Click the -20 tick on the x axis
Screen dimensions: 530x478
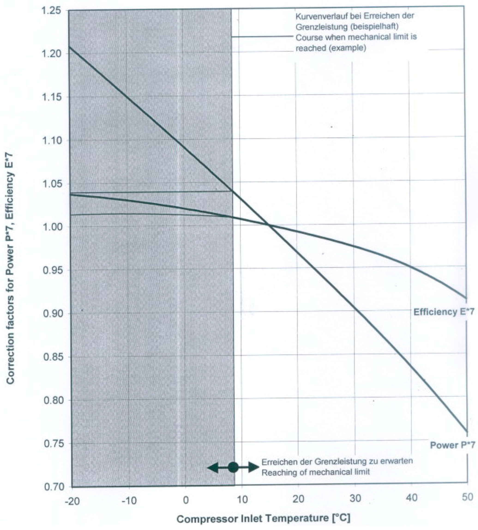tap(72, 501)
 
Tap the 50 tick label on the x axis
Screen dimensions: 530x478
tap(467, 497)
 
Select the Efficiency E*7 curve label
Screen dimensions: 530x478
tap(444, 312)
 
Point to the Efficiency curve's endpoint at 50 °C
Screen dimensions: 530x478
tap(466, 298)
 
